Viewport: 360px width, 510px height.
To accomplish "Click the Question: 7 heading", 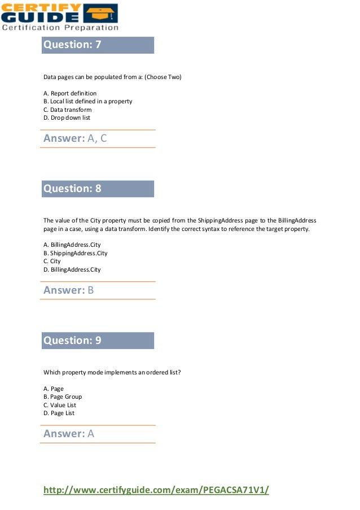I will click(x=73, y=45).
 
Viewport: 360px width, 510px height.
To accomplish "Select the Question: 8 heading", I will click(x=73, y=189).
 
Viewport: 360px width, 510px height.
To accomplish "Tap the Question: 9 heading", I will click(x=73, y=341).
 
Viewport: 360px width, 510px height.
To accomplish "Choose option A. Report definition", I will click(x=70, y=93).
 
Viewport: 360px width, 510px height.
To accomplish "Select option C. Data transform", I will click(x=67, y=110).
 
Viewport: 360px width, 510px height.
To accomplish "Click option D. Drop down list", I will click(x=67, y=118).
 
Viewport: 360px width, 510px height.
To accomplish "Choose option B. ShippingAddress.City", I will click(x=75, y=254).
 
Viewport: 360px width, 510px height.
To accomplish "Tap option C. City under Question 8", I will click(x=52, y=261).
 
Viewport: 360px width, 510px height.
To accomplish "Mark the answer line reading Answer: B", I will click(x=68, y=290).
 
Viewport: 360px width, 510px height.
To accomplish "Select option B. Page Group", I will click(x=63, y=397).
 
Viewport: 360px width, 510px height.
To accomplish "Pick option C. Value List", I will click(x=60, y=405).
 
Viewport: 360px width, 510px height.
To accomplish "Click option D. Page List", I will click(x=59, y=413).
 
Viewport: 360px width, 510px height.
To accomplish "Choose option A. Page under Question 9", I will click(x=54, y=389).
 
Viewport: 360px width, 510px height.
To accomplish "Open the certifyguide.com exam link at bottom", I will click(x=156, y=490).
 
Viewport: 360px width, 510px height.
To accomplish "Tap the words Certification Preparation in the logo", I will click(x=60, y=27).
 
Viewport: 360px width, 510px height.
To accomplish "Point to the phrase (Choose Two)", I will click(x=163, y=77).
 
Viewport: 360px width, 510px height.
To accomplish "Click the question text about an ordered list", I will click(x=112, y=372).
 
